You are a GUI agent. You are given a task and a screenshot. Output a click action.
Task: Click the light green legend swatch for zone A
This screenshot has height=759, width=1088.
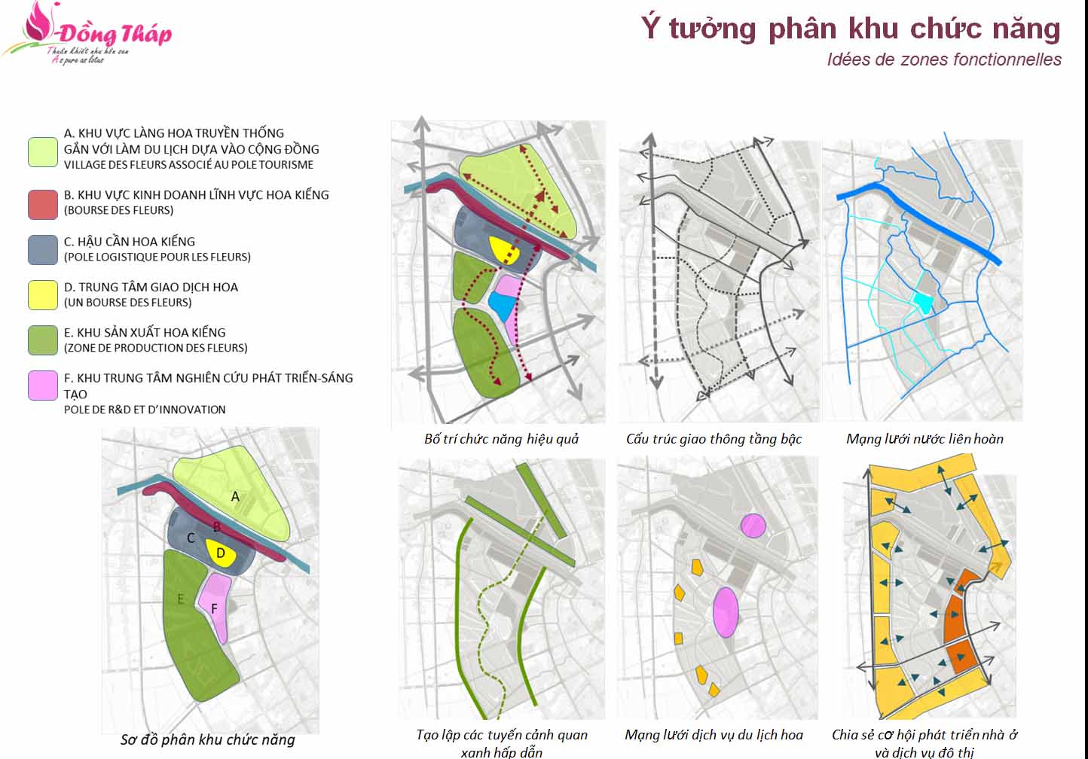click(x=43, y=151)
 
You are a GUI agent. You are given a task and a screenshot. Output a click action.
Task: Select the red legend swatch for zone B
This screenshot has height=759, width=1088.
click(x=43, y=204)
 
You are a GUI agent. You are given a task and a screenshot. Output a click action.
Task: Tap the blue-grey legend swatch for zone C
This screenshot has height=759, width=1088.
click(x=43, y=250)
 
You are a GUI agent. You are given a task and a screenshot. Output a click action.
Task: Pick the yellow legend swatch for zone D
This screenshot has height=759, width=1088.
click(x=43, y=295)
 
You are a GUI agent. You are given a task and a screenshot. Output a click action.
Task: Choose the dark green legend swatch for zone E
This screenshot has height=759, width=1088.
click(x=43, y=340)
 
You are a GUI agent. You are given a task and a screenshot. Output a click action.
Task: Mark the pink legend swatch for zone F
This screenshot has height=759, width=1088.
click(x=43, y=386)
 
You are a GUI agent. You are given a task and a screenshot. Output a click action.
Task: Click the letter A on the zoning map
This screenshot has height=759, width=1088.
click(x=235, y=497)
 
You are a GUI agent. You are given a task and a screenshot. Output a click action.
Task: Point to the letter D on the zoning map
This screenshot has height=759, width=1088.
click(x=221, y=553)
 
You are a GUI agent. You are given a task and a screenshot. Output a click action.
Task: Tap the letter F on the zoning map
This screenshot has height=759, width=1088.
click(x=215, y=608)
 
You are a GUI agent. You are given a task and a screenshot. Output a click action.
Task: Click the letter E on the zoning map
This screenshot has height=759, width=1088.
click(x=181, y=599)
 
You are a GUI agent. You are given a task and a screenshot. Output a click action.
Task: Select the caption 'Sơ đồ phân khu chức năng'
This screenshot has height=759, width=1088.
click(x=208, y=740)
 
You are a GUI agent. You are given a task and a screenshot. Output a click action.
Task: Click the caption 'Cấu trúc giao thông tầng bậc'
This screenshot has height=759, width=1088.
click(x=714, y=439)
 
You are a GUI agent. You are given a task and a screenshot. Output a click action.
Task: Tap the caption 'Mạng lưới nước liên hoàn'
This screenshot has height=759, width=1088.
click(x=924, y=439)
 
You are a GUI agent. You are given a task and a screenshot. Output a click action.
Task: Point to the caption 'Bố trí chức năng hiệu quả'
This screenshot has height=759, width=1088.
click(x=501, y=439)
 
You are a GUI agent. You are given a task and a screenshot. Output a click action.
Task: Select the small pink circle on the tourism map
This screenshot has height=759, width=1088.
click(x=753, y=526)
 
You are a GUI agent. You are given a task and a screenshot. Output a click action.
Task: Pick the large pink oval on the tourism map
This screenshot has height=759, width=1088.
click(x=726, y=611)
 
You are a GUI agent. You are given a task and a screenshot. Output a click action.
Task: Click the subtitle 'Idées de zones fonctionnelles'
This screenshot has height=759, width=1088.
click(x=944, y=59)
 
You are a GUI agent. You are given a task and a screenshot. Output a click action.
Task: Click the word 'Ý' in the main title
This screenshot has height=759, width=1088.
click(x=650, y=29)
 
